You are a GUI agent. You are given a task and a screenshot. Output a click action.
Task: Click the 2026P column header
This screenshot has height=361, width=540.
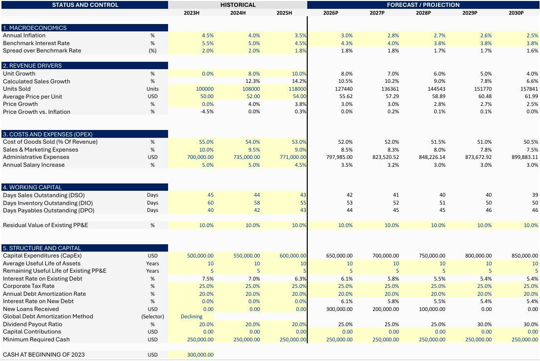coord(330,13)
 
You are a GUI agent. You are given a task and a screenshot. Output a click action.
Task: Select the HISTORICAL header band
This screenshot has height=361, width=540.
coord(238,5)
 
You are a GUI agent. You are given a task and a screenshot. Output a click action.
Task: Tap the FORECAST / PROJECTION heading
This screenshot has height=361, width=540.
coord(423,5)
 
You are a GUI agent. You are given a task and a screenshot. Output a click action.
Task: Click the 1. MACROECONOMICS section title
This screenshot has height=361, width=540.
coord(34,28)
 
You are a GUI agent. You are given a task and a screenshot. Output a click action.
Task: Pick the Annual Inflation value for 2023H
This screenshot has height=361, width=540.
coord(208,35)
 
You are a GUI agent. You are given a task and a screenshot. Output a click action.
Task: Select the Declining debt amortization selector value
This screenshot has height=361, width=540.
coord(192,316)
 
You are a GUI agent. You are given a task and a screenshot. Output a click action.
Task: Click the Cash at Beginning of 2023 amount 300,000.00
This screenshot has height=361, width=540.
coord(200,355)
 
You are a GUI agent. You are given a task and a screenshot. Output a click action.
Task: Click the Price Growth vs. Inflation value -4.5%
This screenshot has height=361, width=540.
coord(207,112)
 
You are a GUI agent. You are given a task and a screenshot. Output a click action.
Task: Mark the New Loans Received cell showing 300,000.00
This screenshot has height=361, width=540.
coord(339,309)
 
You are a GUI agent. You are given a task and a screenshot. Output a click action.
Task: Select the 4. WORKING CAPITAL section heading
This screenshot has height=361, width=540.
coord(32,187)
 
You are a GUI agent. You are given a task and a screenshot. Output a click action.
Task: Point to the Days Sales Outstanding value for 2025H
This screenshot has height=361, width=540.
coord(303,195)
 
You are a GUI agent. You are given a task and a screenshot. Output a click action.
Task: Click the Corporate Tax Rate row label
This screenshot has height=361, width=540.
coord(28,286)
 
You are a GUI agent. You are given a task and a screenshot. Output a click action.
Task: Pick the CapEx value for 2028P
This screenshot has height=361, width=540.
coord(432,256)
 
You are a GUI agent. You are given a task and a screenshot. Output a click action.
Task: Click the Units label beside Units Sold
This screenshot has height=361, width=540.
coord(152,89)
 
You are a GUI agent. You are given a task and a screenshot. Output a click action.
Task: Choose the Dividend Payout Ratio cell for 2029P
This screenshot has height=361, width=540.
coord(484,324)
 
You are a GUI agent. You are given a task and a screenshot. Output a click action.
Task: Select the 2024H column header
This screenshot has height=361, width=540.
coord(238,13)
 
